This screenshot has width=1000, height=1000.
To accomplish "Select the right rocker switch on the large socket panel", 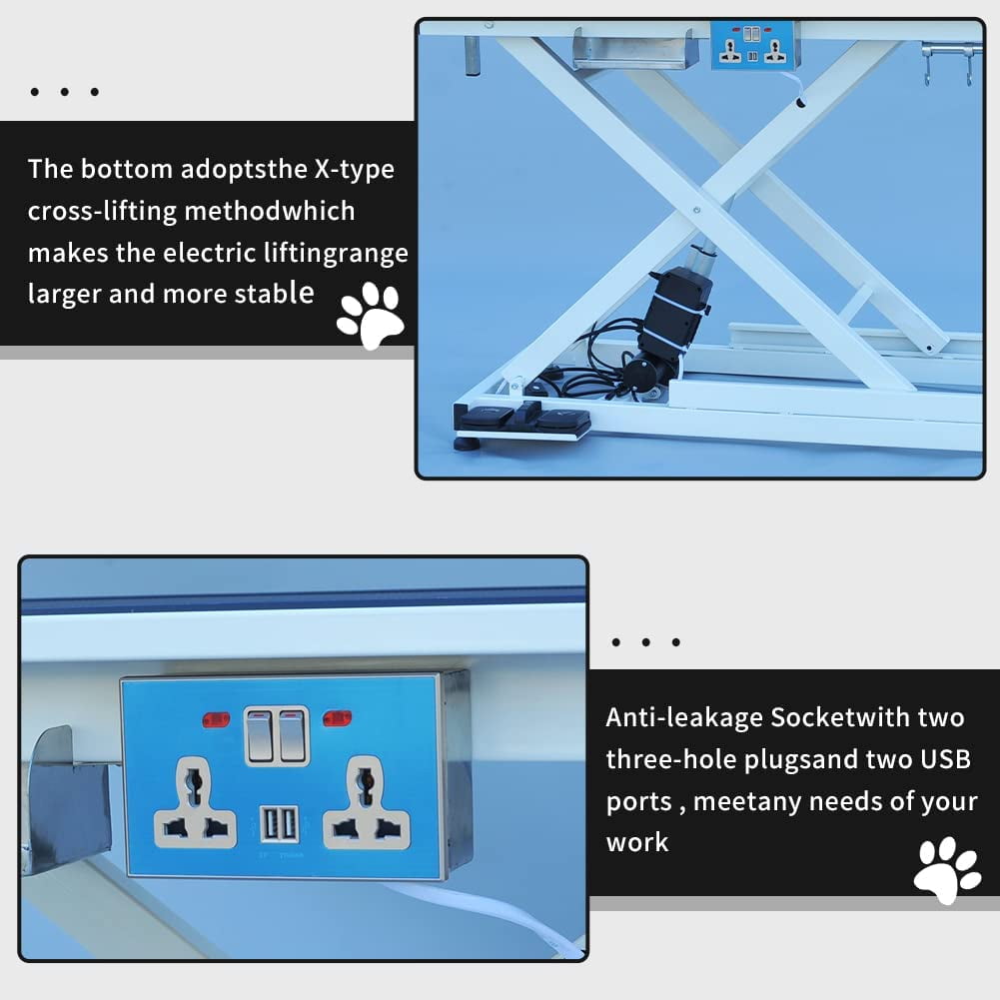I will (291, 735).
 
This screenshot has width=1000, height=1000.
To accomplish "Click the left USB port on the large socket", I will (270, 824).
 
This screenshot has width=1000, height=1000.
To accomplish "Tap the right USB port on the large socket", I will (288, 824).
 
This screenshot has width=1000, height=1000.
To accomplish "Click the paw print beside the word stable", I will (370, 315).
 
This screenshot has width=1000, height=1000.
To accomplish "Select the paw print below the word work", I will (947, 869).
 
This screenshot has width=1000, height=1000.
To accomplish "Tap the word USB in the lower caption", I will (945, 759).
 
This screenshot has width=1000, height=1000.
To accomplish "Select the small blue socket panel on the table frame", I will (752, 46).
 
